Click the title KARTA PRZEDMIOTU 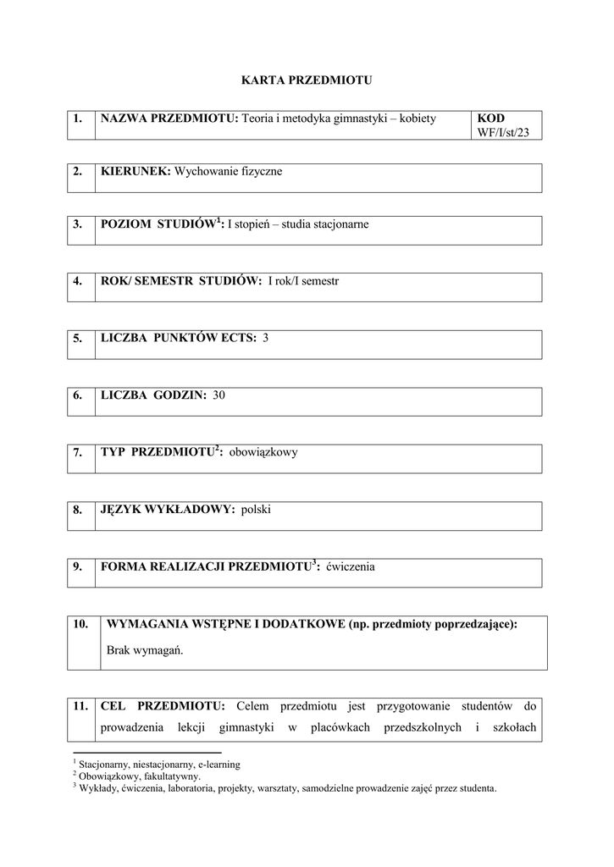pos(307,80)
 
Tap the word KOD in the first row pos(490,118)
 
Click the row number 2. pos(77,171)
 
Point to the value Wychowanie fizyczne pos(228,171)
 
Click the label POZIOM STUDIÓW pos(158,224)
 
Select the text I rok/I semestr pos(302,281)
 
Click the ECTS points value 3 pos(265,338)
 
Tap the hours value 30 pos(219,395)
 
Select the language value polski pos(256,509)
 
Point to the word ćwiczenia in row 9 pos(350,566)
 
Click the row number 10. pos(80,624)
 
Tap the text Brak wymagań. pos(146,651)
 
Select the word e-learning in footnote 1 pos(219,764)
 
